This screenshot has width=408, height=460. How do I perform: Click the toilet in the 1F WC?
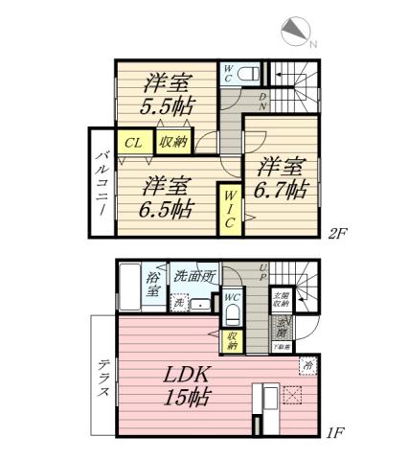[232, 316]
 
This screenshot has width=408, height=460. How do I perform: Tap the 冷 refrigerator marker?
[308, 365]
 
